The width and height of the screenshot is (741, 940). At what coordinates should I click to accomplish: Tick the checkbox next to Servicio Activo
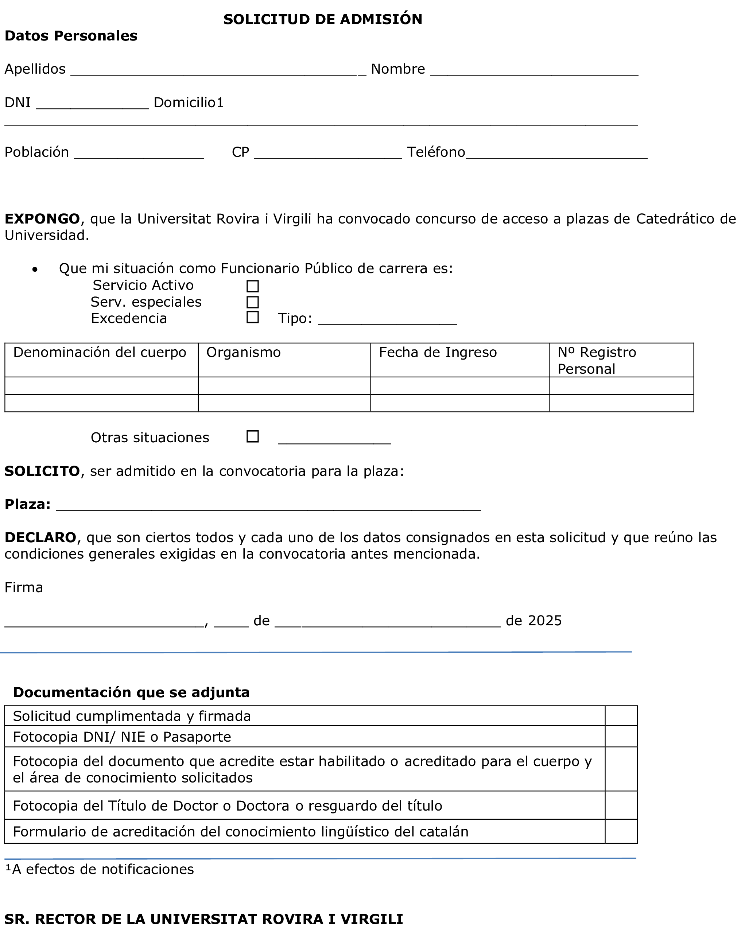click(252, 286)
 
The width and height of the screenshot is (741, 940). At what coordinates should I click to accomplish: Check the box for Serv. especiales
click(252, 302)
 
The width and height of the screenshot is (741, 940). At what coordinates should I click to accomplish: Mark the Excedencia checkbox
click(252, 318)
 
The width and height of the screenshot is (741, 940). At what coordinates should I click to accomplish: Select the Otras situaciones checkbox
click(252, 436)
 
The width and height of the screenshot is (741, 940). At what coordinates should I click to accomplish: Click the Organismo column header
click(243, 352)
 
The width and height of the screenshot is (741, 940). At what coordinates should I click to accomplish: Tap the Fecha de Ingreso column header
click(437, 352)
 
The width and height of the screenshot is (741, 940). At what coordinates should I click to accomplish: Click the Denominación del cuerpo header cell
click(100, 352)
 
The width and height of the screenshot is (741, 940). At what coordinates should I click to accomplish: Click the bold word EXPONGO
click(42, 219)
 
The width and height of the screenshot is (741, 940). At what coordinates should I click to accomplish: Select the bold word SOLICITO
click(42, 471)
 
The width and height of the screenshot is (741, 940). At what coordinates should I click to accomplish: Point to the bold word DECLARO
click(40, 537)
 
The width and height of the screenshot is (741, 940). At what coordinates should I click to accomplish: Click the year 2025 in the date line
click(544, 621)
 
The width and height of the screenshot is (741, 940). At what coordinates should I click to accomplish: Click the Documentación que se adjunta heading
click(131, 692)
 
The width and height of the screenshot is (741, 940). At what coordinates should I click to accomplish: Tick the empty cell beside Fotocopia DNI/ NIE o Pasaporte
click(621, 737)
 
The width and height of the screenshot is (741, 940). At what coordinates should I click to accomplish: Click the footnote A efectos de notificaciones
click(102, 869)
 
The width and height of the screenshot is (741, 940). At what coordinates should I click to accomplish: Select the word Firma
click(24, 587)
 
